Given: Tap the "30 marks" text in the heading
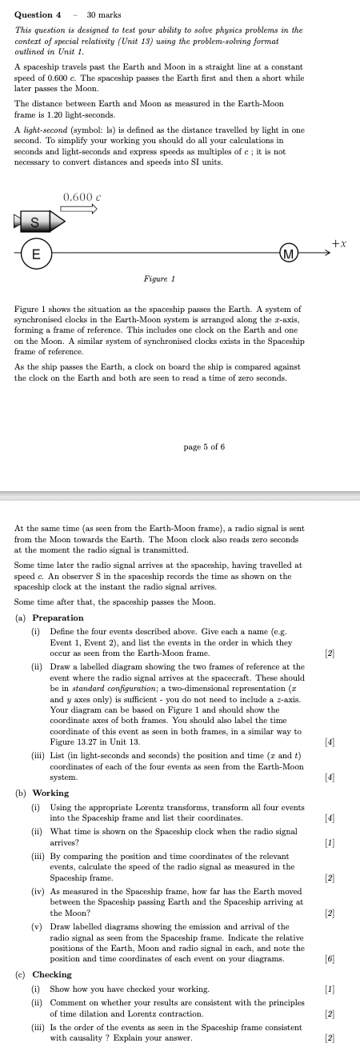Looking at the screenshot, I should coord(102,14).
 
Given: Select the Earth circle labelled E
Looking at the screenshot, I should coord(35,254).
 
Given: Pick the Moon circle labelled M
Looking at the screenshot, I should coord(290,254).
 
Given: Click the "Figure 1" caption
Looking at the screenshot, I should coord(159,278).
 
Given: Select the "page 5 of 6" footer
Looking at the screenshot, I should coord(205,446).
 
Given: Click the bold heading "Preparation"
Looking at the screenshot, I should coord(58,617).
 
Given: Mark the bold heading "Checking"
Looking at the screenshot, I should coord(52,974).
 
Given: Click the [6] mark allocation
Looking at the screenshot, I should coord(329,957).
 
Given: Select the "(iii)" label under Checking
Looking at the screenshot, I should coord(37,1028).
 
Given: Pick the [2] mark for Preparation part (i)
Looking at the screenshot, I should coord(329,653).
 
